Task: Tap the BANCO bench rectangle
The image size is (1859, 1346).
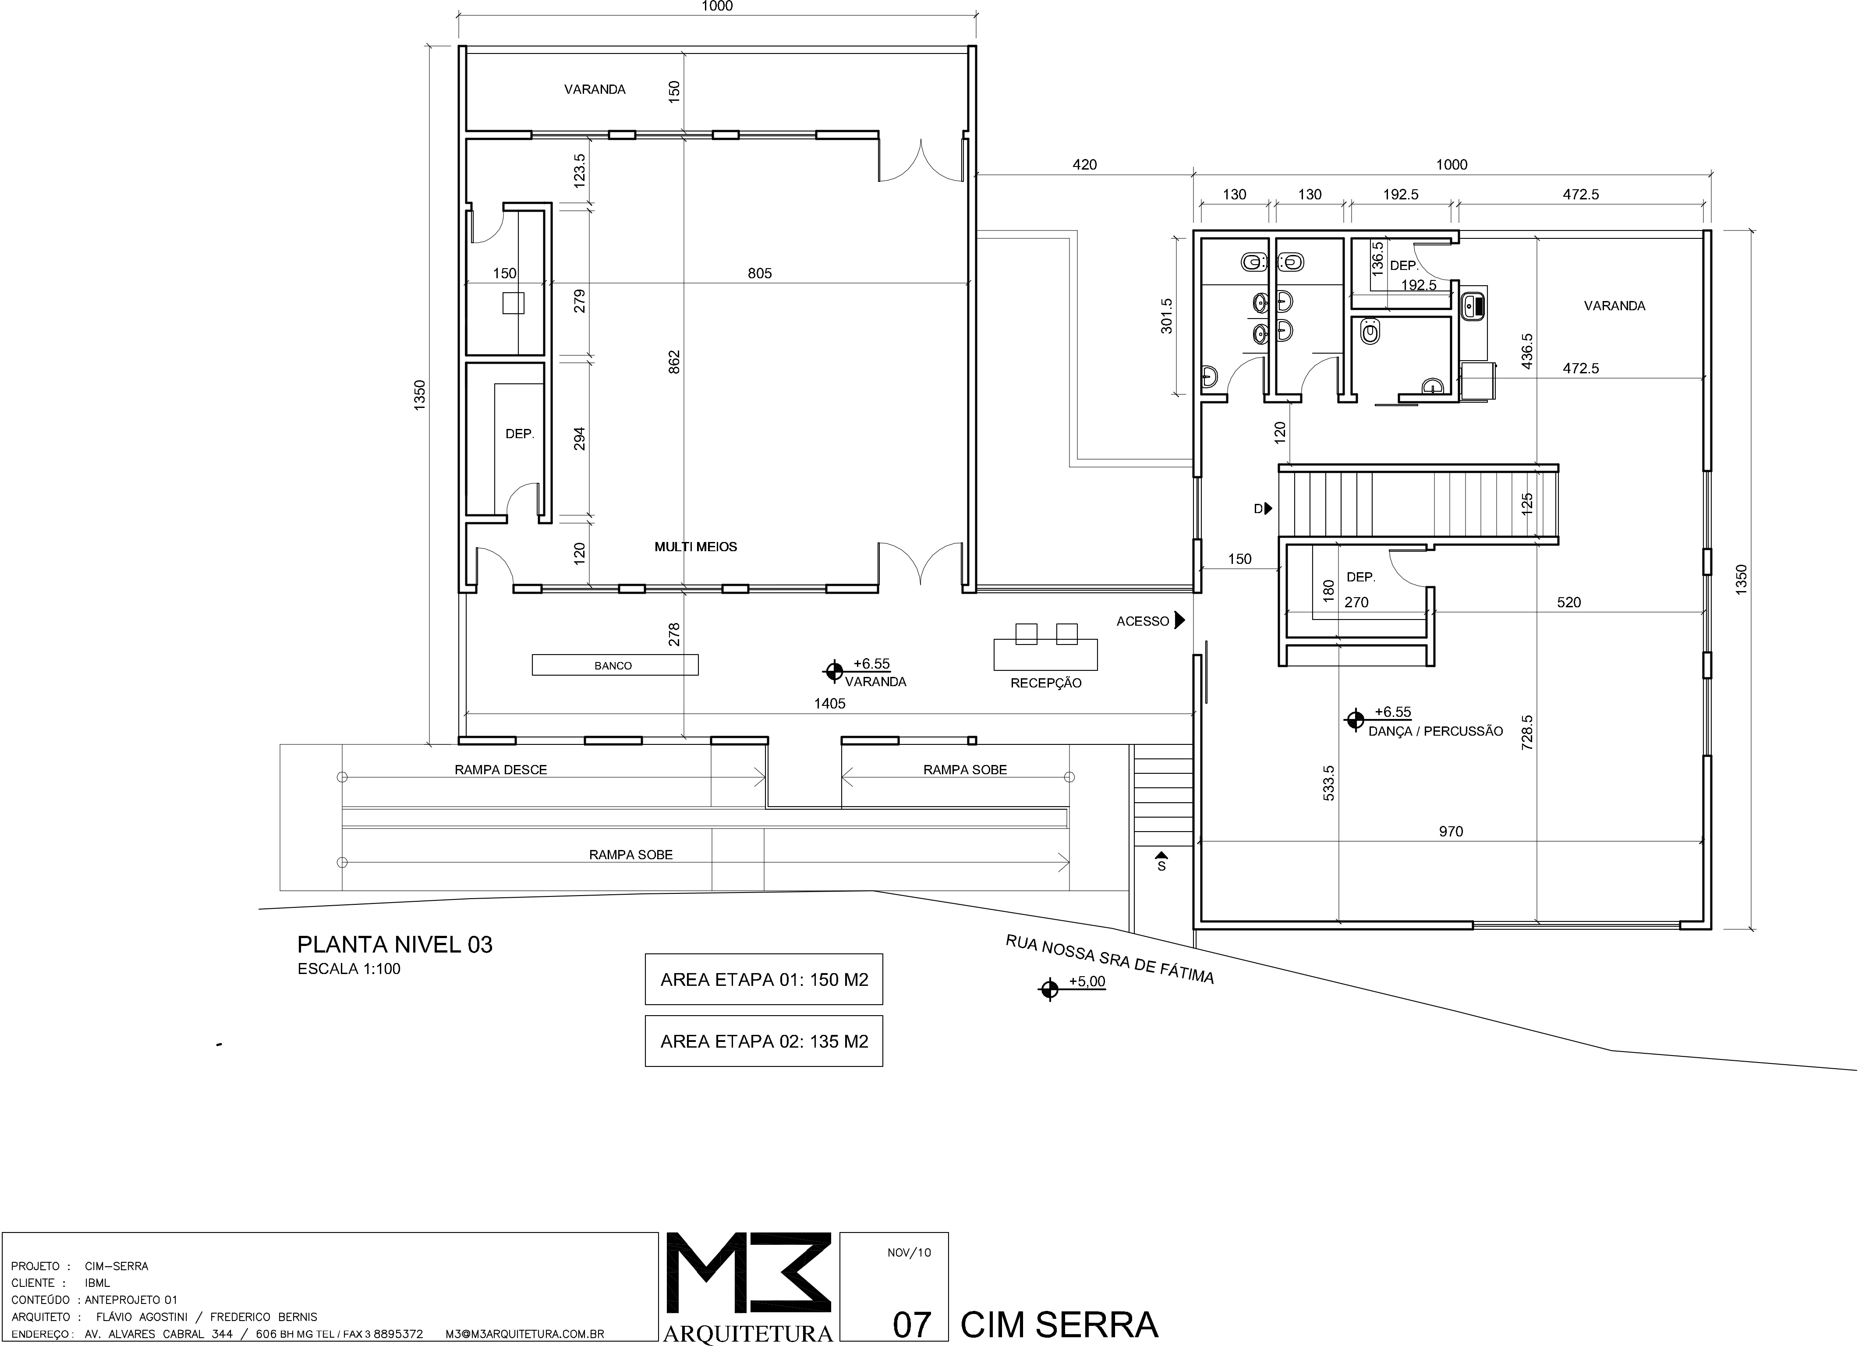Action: pyautogui.click(x=615, y=665)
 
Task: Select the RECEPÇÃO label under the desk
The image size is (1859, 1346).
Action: pyautogui.click(x=1046, y=683)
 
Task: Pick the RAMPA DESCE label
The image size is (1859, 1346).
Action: pyautogui.click(x=501, y=770)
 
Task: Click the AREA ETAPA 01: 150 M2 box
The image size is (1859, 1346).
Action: pyautogui.click(x=764, y=980)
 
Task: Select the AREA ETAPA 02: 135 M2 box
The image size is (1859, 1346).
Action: pyautogui.click(x=764, y=1041)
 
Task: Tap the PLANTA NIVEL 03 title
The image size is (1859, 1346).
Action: pyautogui.click(x=395, y=944)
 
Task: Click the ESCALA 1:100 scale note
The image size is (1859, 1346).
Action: pyautogui.click(x=349, y=969)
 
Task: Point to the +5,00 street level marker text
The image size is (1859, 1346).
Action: pyautogui.click(x=1087, y=981)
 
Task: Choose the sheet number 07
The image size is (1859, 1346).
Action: pyautogui.click(x=911, y=1325)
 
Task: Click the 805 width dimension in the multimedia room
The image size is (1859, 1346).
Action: pyautogui.click(x=760, y=273)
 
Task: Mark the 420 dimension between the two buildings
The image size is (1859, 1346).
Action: pyautogui.click(x=1084, y=165)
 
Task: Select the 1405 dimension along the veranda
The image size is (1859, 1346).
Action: pyautogui.click(x=829, y=703)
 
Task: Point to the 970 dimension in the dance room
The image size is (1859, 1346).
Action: pyautogui.click(x=1451, y=831)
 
